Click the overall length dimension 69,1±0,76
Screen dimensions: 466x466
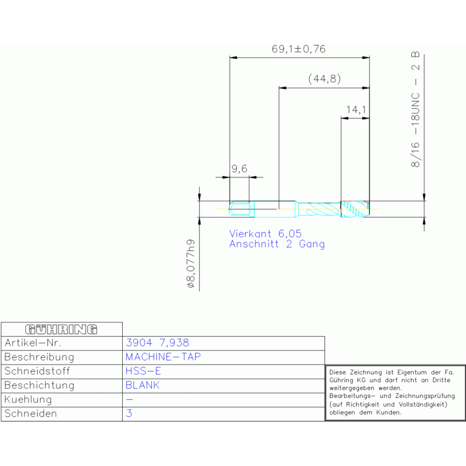(298, 49)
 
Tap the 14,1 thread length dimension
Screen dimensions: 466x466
(356, 109)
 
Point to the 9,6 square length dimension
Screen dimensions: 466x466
(239, 169)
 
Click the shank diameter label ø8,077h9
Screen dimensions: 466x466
(191, 264)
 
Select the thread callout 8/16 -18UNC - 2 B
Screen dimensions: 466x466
(415, 109)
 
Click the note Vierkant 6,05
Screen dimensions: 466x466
(266, 233)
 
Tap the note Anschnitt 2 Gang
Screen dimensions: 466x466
(277, 244)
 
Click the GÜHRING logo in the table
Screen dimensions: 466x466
(61, 329)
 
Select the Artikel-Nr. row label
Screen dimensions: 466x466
(33, 343)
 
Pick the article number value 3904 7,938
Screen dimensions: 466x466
(157, 343)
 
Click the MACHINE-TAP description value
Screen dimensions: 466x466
(163, 357)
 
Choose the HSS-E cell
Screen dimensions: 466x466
(143, 371)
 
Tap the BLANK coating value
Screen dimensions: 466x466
(142, 385)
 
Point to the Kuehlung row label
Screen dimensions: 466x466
(28, 399)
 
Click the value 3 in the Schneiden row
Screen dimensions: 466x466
(129, 413)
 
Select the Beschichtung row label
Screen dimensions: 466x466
(39, 385)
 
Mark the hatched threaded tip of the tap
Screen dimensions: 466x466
(355, 209)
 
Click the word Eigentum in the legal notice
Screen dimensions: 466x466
(412, 372)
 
